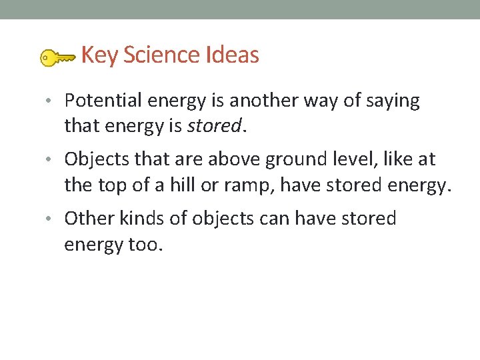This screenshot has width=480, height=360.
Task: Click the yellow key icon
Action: tap(56, 58)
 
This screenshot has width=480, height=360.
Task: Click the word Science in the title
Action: tap(154, 55)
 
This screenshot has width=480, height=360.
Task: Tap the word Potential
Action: tap(103, 101)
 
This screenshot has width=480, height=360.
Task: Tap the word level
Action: tap(351, 159)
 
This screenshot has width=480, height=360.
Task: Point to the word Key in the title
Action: tap(99, 55)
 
